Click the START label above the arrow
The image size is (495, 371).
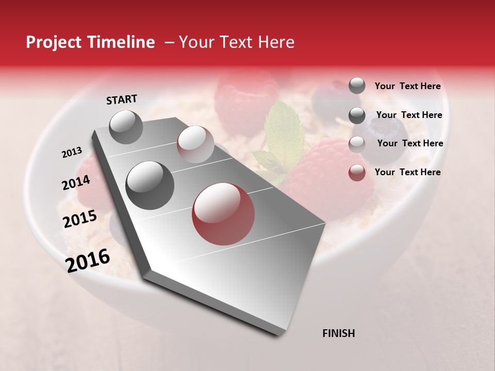click(x=122, y=99)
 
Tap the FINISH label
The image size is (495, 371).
click(x=338, y=333)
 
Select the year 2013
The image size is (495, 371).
click(x=72, y=153)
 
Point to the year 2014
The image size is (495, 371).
click(x=76, y=183)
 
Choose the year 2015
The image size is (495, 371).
click(x=80, y=219)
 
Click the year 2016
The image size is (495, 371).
click(x=88, y=260)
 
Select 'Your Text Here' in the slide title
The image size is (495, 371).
click(x=236, y=42)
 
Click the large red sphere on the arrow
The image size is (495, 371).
click(x=223, y=214)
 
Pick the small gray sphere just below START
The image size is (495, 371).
click(x=126, y=127)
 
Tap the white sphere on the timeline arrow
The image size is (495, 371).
click(x=195, y=144)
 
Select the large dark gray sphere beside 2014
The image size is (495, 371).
click(x=150, y=185)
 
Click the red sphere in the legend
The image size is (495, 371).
click(x=357, y=173)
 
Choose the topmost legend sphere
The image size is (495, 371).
click(x=357, y=86)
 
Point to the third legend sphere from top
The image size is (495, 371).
click(x=357, y=144)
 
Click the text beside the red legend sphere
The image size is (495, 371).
click(x=407, y=172)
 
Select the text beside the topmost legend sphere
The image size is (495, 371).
click(x=407, y=86)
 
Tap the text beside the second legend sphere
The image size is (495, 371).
click(x=409, y=115)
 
